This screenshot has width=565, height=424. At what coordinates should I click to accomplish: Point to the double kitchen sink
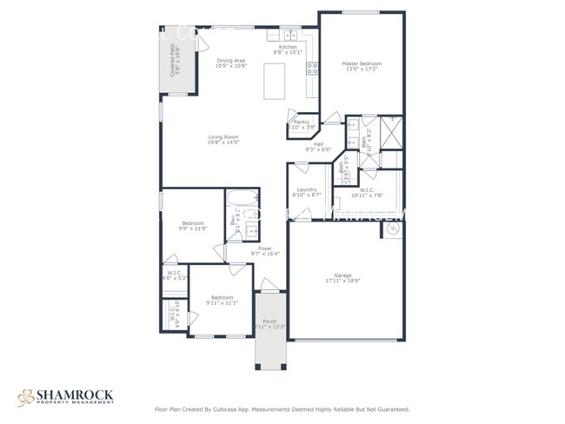[289, 36]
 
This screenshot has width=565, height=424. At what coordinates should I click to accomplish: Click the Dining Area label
[231, 60]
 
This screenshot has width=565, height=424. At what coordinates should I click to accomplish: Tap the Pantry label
[301, 123]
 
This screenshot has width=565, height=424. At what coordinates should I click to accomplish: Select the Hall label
[319, 144]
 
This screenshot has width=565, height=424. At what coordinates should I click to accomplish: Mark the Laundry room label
[306, 189]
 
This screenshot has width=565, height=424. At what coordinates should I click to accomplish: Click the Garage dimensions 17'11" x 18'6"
[342, 281]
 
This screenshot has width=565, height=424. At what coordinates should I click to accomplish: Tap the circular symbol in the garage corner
[392, 230]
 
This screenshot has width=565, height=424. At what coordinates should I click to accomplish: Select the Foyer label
[263, 248]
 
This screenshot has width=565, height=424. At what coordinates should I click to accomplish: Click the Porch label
[269, 321]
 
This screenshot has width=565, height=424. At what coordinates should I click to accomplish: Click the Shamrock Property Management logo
[65, 398]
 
